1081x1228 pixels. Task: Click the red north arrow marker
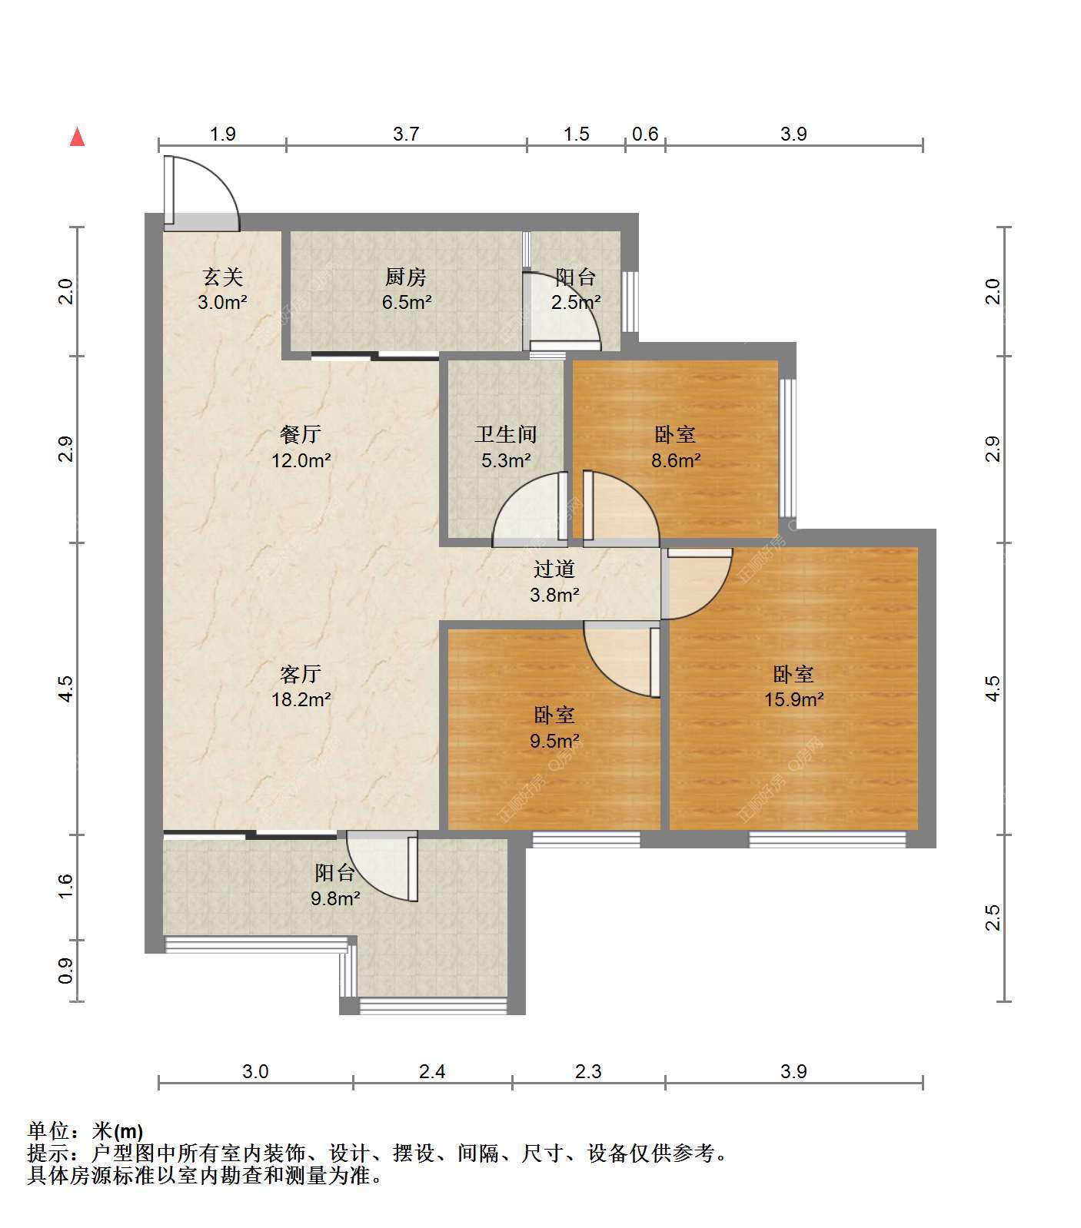pyautogui.click(x=77, y=137)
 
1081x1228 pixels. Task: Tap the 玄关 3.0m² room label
pyautogui.click(x=222, y=289)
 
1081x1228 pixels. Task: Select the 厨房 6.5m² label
pyautogui.click(x=406, y=289)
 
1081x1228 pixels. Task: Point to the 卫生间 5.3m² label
pyautogui.click(x=506, y=447)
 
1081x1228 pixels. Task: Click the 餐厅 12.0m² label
pyautogui.click(x=301, y=447)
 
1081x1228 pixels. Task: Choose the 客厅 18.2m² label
pyautogui.click(x=301, y=686)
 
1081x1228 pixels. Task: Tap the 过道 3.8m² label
pyautogui.click(x=554, y=581)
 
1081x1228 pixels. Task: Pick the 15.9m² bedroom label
pyautogui.click(x=793, y=686)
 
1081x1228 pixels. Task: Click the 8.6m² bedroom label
pyautogui.click(x=676, y=447)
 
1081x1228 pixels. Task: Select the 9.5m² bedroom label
pyautogui.click(x=554, y=728)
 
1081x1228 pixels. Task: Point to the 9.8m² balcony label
pyautogui.click(x=335, y=884)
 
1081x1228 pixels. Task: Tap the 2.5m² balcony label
pyautogui.click(x=576, y=289)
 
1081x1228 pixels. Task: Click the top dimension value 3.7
pyautogui.click(x=406, y=134)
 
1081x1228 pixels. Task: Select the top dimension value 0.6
pyautogui.click(x=645, y=134)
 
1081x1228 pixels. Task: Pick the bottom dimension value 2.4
pyautogui.click(x=432, y=1071)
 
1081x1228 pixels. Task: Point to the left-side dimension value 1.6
pyautogui.click(x=65, y=886)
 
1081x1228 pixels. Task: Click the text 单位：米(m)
pyautogui.click(x=85, y=1131)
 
